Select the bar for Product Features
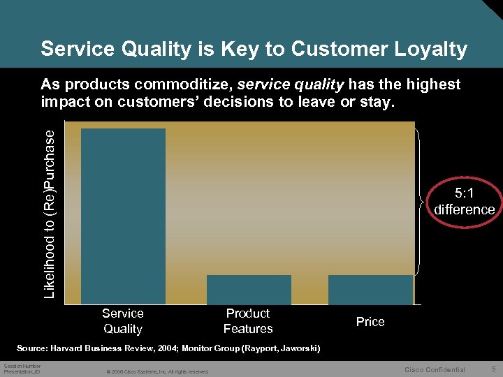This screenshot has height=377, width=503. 249,289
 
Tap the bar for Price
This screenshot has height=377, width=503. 370,289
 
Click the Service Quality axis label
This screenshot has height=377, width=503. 123,321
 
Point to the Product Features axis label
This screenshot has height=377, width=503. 248,321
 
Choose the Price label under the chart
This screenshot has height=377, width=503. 370,322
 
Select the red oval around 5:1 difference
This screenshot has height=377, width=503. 464,202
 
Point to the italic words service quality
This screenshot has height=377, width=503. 291,84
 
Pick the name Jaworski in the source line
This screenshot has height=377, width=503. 294,348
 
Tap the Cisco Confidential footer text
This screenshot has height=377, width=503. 435,369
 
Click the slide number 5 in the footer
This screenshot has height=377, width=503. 493,369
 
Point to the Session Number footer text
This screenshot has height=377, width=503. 22,366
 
